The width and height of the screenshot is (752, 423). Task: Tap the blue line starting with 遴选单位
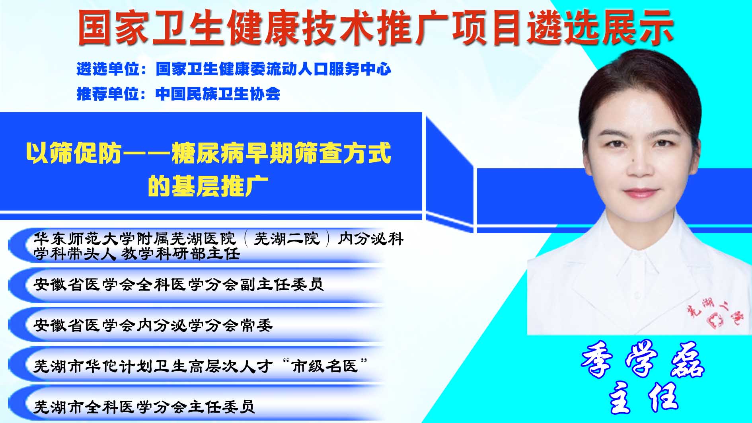(234, 69)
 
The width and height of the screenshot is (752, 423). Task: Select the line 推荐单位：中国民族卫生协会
(178, 94)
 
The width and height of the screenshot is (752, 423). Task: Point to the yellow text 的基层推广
(208, 186)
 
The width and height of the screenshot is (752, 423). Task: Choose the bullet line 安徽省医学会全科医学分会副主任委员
(178, 284)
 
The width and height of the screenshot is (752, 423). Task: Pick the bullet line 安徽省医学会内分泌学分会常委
(153, 325)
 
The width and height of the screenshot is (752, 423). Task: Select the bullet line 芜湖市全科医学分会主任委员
(144, 407)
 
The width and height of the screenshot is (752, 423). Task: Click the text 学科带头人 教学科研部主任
(137, 253)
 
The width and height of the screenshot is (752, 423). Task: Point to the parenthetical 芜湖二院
(287, 239)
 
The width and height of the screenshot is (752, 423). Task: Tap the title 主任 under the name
(643, 397)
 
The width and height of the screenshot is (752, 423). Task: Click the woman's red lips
(641, 193)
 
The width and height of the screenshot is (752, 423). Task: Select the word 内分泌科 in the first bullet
(370, 239)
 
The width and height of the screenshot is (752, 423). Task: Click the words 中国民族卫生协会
(218, 94)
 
